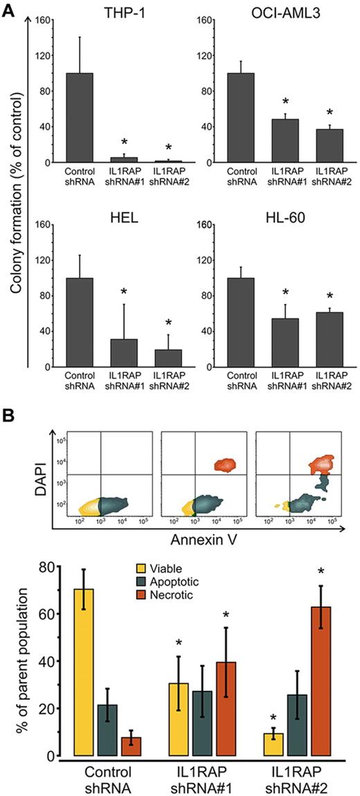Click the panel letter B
tap(10, 417)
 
